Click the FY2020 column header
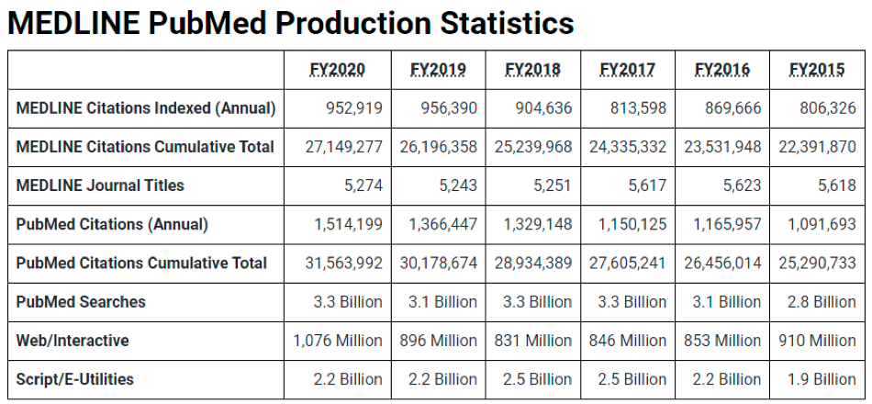[x=337, y=70]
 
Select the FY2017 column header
[x=627, y=70]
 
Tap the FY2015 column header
[x=817, y=70]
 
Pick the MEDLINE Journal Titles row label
[x=100, y=185]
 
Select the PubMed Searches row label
[x=81, y=301]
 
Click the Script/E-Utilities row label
[x=74, y=379]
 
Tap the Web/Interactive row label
[x=73, y=341]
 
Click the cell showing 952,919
[x=354, y=108]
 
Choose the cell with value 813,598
[x=640, y=108]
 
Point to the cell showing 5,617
[x=648, y=185]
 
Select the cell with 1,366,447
[x=442, y=224]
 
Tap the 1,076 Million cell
[x=338, y=341]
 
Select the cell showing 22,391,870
[x=817, y=147]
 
